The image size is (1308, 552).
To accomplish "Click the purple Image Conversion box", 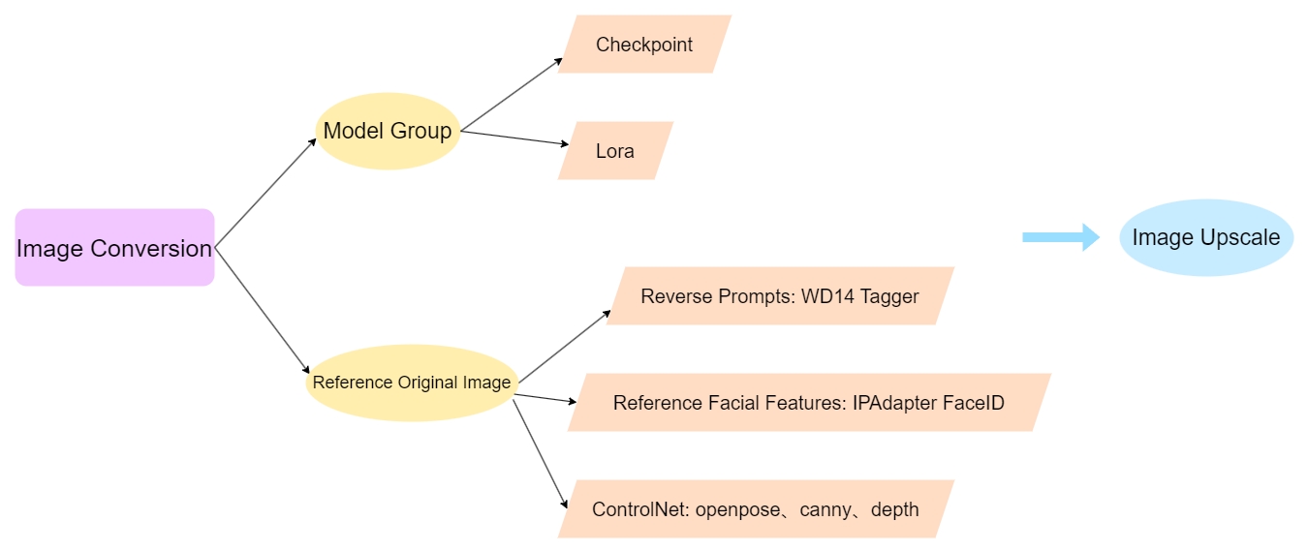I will [114, 248].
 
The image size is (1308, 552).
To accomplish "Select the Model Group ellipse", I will [388, 131].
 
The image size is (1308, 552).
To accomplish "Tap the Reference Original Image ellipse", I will [411, 382].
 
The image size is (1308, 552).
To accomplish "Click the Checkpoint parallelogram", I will [644, 45].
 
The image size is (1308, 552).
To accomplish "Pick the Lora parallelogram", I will [615, 151].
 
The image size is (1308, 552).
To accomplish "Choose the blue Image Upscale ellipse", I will [1205, 237].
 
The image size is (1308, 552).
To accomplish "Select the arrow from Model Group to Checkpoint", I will [512, 94].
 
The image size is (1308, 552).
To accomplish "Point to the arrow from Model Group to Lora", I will [514, 138].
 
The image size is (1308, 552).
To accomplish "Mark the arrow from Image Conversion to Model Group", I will [265, 192].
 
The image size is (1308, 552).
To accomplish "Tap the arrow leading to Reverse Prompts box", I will [564, 345].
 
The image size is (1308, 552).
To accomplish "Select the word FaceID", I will [974, 402].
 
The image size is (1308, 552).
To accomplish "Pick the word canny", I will [825, 509].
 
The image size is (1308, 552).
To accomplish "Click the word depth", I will [894, 509].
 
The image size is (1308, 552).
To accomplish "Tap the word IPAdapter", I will [895, 402].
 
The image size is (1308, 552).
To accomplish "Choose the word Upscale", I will [1242, 237].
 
